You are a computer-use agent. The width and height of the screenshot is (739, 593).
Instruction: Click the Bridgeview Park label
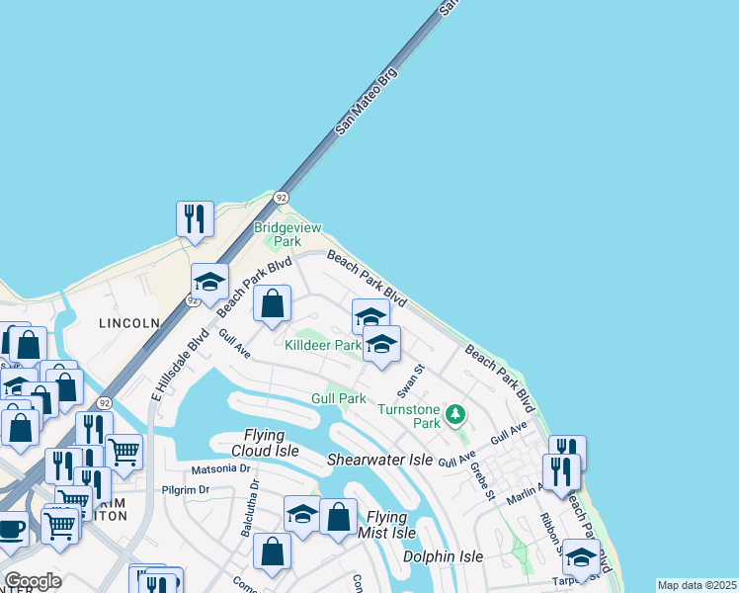(287, 234)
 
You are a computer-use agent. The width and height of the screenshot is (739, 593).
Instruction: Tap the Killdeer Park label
(322, 346)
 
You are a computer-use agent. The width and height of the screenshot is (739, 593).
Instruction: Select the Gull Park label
(339, 398)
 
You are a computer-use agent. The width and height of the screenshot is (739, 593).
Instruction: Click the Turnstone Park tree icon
(455, 414)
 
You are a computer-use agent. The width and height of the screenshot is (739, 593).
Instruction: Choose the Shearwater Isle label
(380, 461)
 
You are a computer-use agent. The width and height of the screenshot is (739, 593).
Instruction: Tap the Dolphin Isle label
(443, 556)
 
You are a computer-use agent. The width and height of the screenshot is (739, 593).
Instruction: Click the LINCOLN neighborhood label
(128, 323)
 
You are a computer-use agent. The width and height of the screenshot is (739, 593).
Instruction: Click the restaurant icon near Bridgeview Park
(195, 218)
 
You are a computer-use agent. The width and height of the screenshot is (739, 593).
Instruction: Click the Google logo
(33, 581)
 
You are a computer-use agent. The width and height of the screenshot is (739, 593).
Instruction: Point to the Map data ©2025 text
(697, 585)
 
